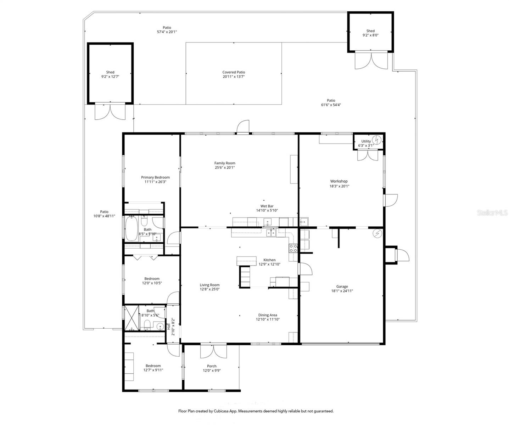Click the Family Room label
225,163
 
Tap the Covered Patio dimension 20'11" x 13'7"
234,76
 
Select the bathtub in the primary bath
131,228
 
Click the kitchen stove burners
293,248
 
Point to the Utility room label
366,141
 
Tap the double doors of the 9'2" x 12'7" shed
110,111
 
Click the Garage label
342,287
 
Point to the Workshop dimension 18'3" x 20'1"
340,186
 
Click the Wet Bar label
267,206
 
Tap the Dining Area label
268,315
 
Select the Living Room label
209,285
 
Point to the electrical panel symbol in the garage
378,233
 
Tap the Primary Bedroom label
155,177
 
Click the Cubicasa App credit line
255,411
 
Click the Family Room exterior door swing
244,127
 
